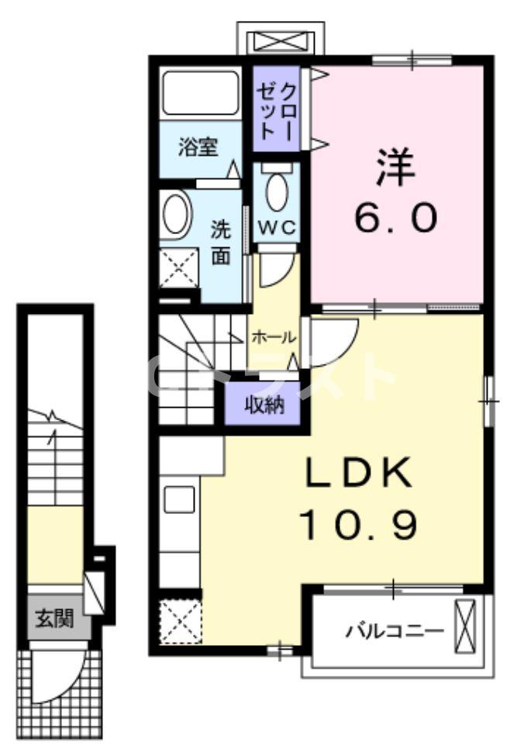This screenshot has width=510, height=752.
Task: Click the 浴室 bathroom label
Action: [x=198, y=147]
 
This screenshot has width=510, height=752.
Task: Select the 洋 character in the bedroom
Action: [x=396, y=167]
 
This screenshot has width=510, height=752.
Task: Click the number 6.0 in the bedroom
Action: [x=396, y=219]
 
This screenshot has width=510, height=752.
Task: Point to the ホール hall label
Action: [x=272, y=337]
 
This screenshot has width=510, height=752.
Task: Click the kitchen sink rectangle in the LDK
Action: [x=180, y=500]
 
